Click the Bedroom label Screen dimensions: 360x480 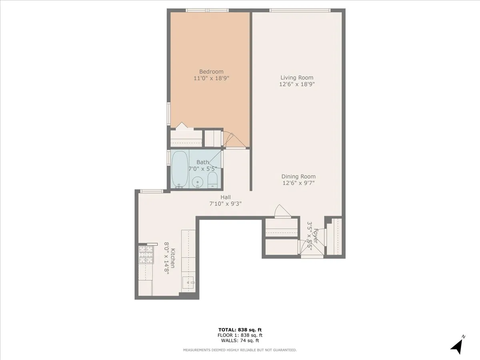(x=211, y=72)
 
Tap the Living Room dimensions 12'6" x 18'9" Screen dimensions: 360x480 (x=296, y=84)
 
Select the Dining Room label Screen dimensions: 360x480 (x=298, y=176)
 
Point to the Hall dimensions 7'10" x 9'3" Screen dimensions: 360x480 (x=225, y=204)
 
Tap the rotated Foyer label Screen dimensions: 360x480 (x=316, y=236)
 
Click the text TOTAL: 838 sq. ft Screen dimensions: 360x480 (x=240, y=329)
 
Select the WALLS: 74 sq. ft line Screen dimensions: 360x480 (x=240, y=341)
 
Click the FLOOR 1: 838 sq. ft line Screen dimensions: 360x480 (x=240, y=335)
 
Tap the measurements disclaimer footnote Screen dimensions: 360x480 (x=240, y=350)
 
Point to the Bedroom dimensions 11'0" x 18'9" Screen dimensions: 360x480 (x=211, y=78)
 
